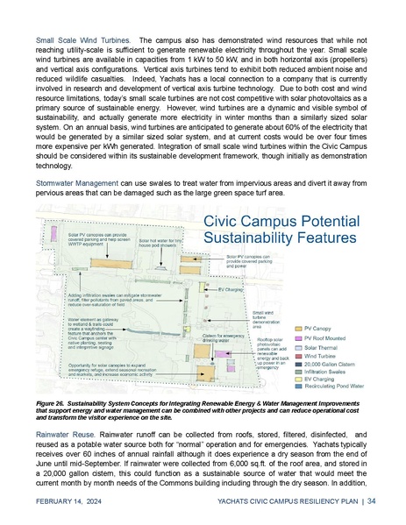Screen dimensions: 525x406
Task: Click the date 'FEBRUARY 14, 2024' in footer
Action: coord(73,501)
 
